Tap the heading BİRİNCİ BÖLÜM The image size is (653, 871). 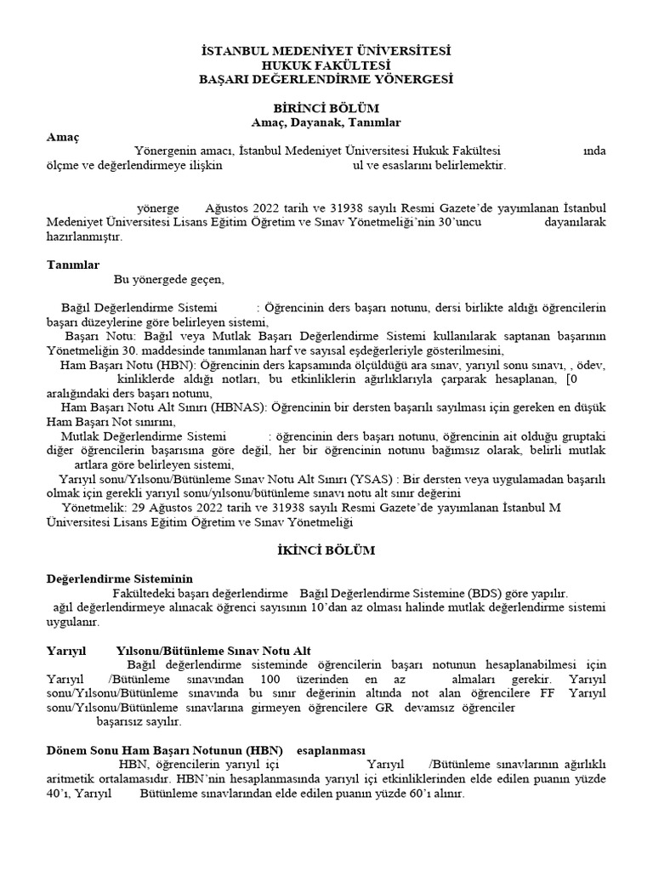[326, 108]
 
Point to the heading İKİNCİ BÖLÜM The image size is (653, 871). [326, 550]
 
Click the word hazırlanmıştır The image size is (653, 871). [84, 236]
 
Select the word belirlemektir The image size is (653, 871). [463, 165]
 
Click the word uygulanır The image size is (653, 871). [72, 622]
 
